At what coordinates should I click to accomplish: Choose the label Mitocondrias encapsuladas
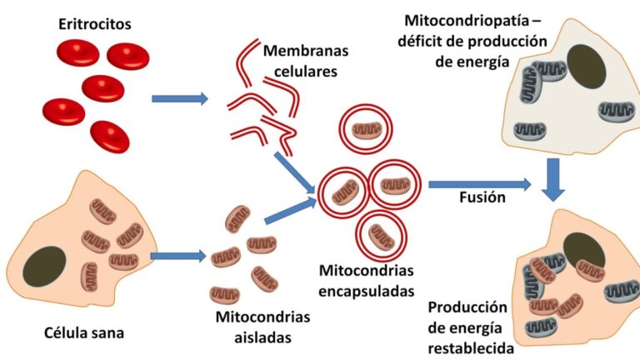pyautogui.click(x=366, y=281)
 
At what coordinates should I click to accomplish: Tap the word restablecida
pyautogui.click(x=472, y=341)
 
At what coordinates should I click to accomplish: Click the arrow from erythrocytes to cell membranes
pyautogui.click(x=179, y=99)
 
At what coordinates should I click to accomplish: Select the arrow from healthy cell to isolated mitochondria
pyautogui.click(x=177, y=255)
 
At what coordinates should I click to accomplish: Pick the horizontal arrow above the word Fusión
pyautogui.click(x=478, y=183)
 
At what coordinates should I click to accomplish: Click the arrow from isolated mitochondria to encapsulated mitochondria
pyautogui.click(x=288, y=210)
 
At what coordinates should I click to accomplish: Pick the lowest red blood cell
pyautogui.click(x=110, y=137)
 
